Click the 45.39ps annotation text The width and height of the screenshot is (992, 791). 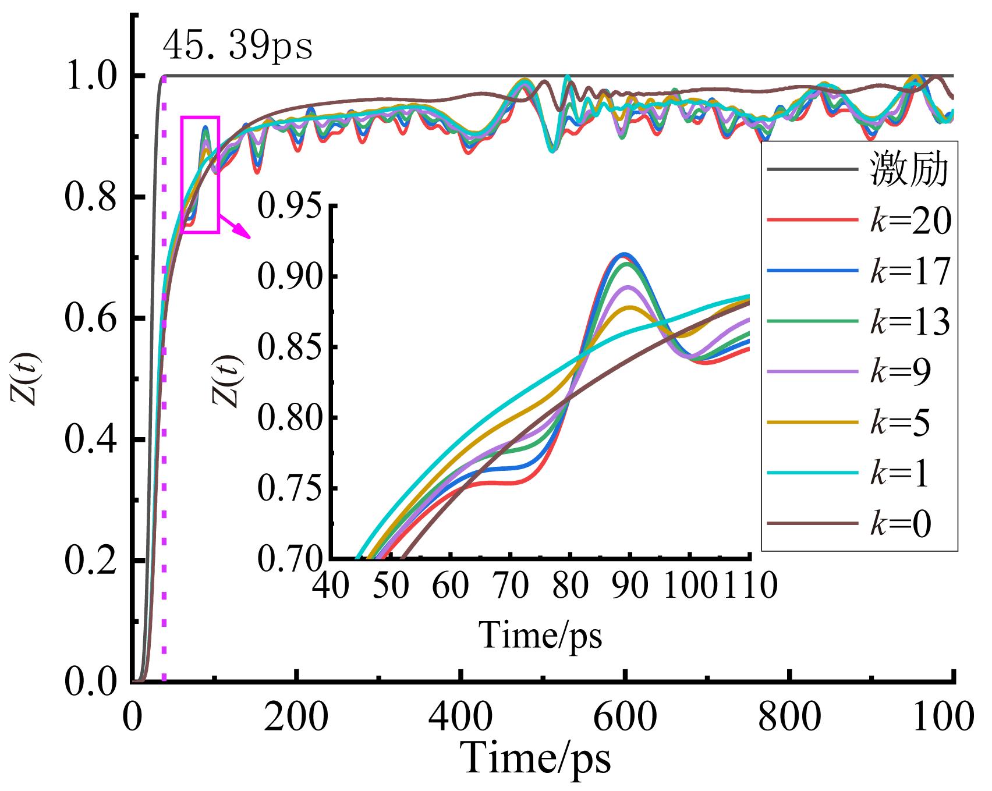(x=238, y=47)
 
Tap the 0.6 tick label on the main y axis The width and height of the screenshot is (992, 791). (x=88, y=319)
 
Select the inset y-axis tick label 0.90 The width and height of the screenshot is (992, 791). (x=289, y=276)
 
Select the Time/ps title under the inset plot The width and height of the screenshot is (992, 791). (x=540, y=634)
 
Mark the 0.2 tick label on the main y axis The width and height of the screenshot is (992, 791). (x=88, y=561)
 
